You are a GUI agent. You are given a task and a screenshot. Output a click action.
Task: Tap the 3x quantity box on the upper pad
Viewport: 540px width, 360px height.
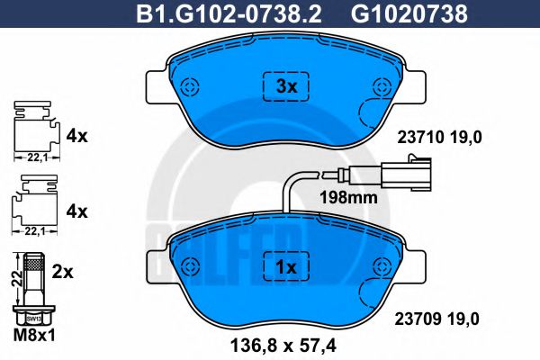coord(285,87)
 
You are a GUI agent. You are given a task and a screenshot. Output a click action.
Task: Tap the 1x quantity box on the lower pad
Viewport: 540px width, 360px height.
coord(285,268)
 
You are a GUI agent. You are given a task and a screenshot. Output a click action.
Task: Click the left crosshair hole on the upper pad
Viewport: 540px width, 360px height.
coord(189,87)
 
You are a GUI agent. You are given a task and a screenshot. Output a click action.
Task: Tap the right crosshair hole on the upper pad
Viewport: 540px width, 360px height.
coord(382,87)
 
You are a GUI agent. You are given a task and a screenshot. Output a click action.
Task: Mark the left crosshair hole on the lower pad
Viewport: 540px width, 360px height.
coord(189,267)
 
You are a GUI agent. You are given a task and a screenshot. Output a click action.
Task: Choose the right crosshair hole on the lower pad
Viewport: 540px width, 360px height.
coord(382,267)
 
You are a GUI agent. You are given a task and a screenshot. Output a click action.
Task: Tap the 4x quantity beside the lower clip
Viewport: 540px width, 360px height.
coord(76,211)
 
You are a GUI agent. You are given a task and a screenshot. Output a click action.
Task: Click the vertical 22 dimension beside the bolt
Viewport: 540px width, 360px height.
coord(13,279)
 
